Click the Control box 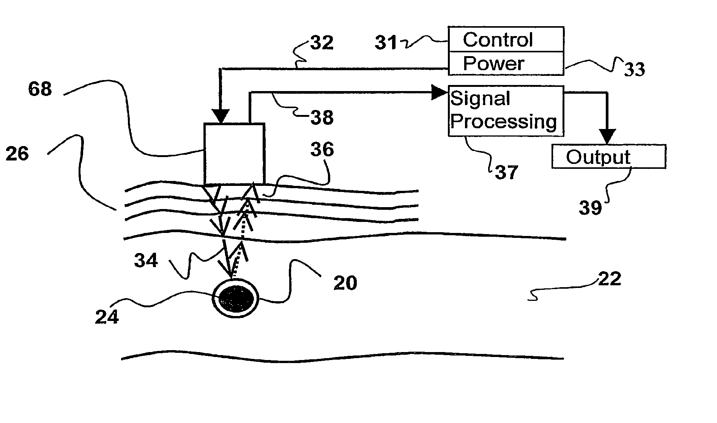506,39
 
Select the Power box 506,63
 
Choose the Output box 608,156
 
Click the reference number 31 386,43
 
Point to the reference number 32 322,42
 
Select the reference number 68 40,89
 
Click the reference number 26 17,154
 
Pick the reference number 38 322,117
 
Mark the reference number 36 322,149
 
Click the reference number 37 506,173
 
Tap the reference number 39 590,208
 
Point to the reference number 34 146,261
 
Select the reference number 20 345,283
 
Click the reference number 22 610,279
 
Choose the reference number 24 107,317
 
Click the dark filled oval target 236,299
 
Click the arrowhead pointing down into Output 607,137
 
